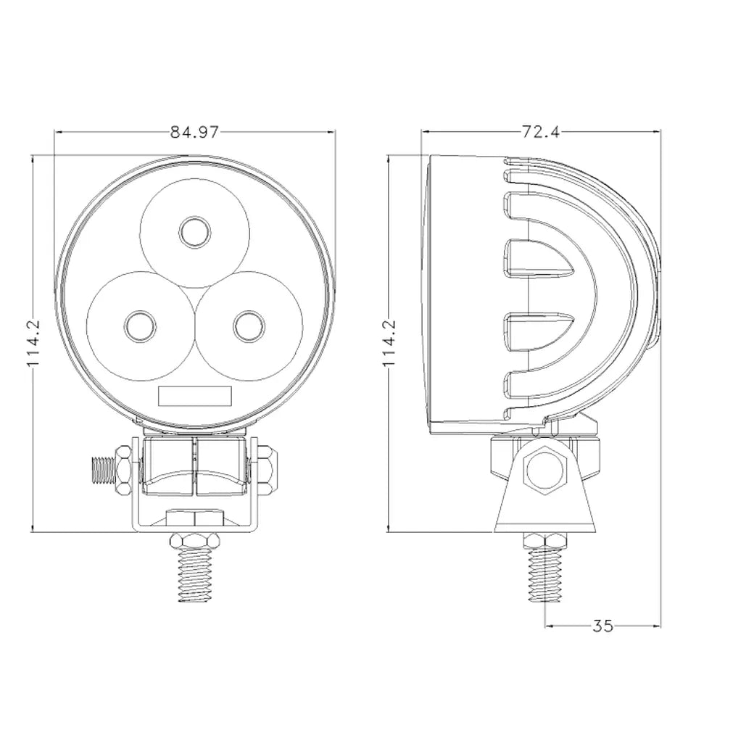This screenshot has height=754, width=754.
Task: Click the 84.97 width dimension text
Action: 194,132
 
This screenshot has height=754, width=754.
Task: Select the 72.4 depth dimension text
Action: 540,132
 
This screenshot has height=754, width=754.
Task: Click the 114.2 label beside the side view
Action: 389,344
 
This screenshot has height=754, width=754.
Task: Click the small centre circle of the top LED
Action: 194,233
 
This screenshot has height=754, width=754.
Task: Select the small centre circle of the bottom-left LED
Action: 138,326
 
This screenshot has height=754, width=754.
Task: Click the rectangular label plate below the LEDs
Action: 194,396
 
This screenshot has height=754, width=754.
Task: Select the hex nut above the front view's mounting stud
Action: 194,541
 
